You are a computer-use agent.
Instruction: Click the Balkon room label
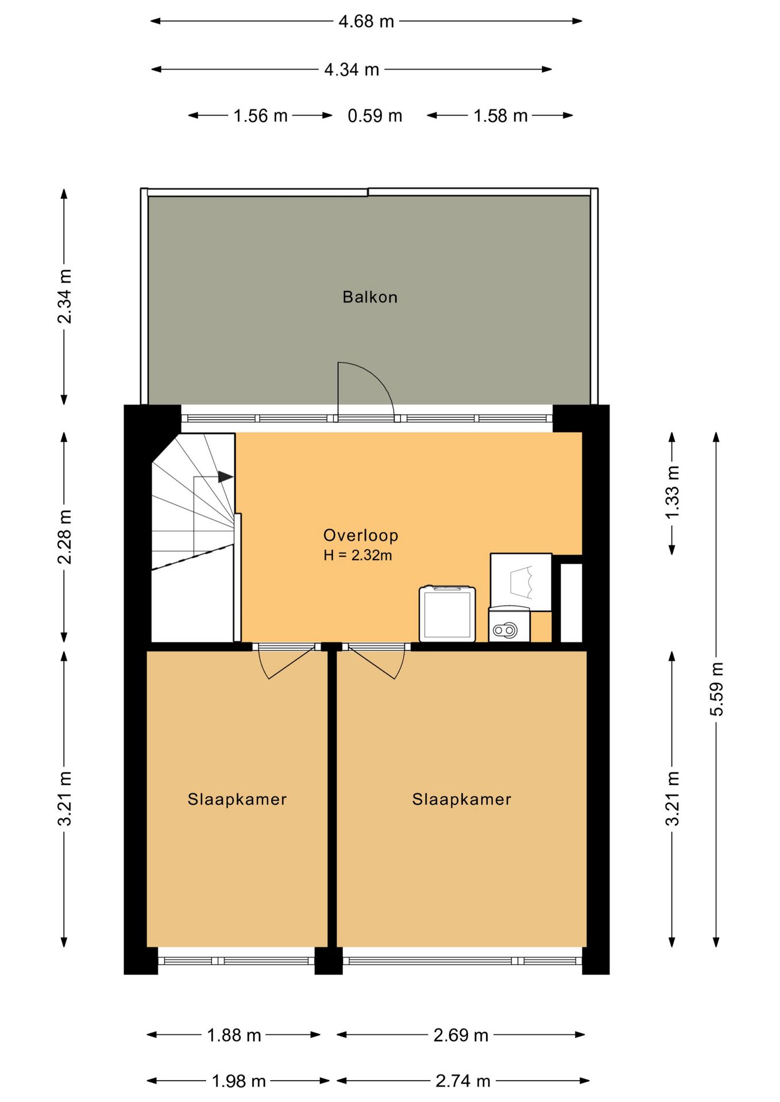(x=370, y=297)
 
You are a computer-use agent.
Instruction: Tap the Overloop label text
(x=361, y=535)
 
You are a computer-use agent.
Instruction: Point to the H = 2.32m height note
(x=358, y=555)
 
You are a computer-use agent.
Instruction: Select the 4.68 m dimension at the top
(x=366, y=22)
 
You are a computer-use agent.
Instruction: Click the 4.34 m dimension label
(x=352, y=70)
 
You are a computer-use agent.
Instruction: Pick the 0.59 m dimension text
(x=375, y=116)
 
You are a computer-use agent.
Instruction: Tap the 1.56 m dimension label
(x=260, y=116)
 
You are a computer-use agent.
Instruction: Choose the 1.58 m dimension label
(x=500, y=116)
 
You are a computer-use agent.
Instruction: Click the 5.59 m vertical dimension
(x=716, y=689)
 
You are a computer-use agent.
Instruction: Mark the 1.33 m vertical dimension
(x=672, y=492)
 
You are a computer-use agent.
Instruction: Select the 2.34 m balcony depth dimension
(x=64, y=296)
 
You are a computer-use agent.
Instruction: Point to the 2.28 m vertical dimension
(x=64, y=537)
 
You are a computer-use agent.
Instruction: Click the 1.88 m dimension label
(x=234, y=1035)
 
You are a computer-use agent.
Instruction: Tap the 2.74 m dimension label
(x=463, y=1081)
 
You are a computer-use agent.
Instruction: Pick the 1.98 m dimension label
(x=239, y=1081)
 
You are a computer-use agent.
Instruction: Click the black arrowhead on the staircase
(x=226, y=477)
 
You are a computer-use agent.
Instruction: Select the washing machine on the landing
(x=447, y=614)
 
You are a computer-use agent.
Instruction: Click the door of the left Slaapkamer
(x=286, y=662)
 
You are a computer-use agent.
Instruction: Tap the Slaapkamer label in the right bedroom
(x=462, y=799)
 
